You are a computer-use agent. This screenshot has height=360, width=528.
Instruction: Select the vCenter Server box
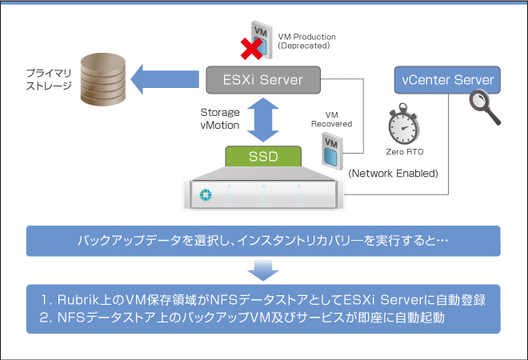click(446, 81)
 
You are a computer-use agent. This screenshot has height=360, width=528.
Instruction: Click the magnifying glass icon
click(484, 108)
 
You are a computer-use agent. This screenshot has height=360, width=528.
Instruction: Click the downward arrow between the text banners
click(262, 267)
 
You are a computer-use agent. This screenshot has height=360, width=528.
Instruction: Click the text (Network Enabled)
click(393, 172)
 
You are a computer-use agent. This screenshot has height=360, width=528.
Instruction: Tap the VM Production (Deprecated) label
click(306, 42)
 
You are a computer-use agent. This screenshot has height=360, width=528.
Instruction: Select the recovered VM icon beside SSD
click(331, 150)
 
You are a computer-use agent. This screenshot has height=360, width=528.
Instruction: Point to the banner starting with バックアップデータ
click(262, 240)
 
